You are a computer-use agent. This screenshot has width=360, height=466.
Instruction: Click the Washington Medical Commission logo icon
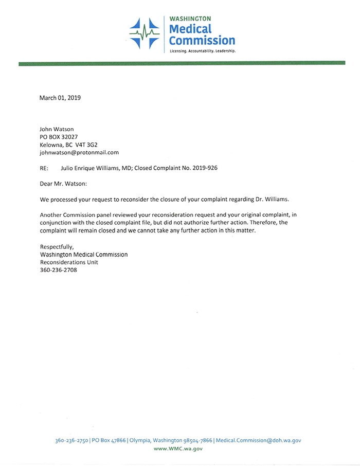point(145,32)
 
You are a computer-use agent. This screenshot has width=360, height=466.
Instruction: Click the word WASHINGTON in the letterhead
point(189,19)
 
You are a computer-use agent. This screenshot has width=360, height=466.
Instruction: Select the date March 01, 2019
point(60,97)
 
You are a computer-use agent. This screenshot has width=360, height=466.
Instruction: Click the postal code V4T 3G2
point(92,145)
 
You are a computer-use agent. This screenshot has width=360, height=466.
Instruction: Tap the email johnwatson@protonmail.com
point(79,152)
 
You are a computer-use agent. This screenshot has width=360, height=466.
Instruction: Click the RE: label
point(45,168)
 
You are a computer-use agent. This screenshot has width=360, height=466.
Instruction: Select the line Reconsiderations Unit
point(68,262)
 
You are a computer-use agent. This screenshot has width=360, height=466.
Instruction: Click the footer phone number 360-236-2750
point(72,440)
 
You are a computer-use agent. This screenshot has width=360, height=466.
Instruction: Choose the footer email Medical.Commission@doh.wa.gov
point(258,440)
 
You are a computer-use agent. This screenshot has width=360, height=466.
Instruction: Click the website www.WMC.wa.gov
point(178,449)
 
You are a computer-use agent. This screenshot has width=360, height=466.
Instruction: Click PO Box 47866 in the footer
point(109,440)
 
